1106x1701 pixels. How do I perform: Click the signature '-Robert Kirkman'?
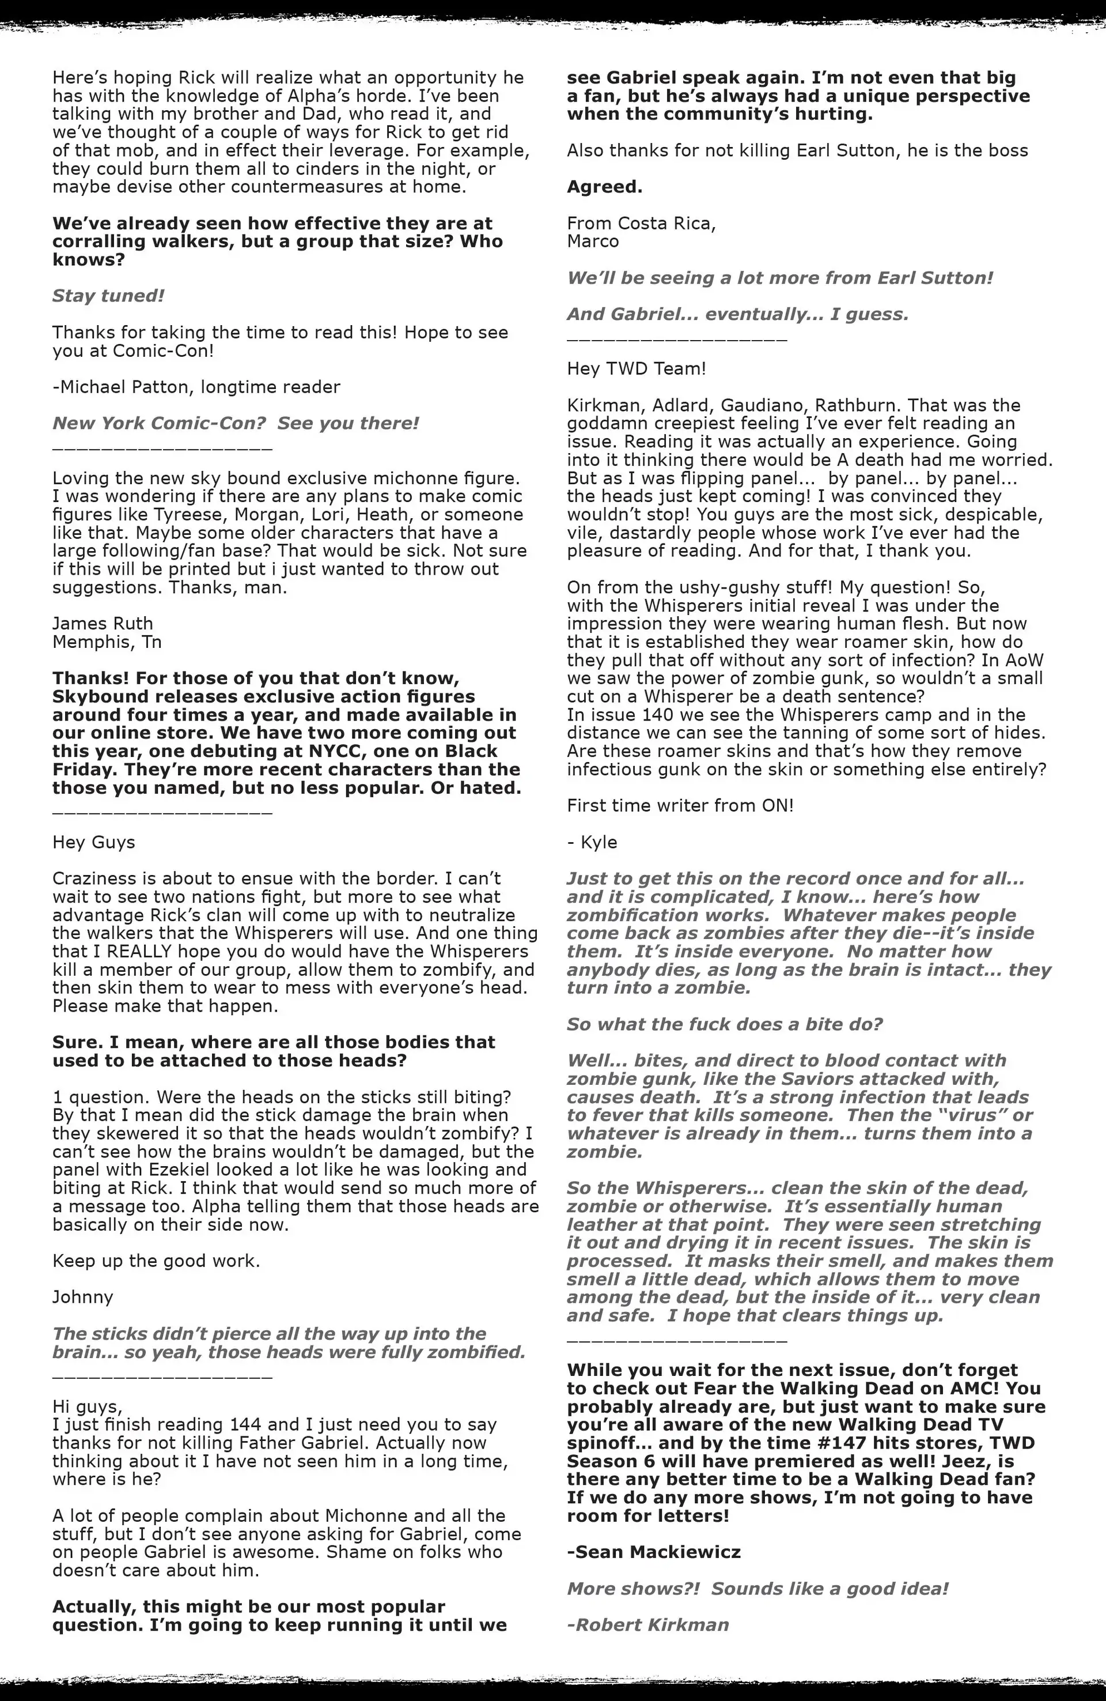tap(647, 1624)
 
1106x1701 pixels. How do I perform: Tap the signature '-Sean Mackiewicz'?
tap(653, 1552)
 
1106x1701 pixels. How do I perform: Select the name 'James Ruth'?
tap(102, 623)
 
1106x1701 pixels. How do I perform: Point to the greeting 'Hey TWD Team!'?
tap(636, 369)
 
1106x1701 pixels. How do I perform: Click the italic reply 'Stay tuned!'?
tap(108, 296)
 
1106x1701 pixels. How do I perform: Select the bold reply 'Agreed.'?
tap(604, 187)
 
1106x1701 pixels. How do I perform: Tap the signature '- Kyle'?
tap(592, 842)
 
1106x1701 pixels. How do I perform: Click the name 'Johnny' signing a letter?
tap(82, 1297)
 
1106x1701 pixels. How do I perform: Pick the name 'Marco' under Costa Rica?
tap(593, 242)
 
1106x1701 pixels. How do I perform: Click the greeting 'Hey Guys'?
tap(93, 842)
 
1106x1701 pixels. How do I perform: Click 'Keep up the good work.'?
tap(156, 1261)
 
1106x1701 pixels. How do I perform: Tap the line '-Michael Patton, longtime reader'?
tap(196, 387)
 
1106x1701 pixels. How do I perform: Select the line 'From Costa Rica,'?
tap(641, 223)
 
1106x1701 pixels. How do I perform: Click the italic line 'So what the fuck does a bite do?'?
tap(725, 1024)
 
